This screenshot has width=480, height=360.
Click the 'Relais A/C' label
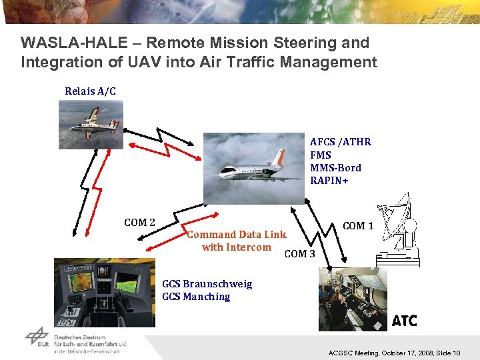pyautogui.click(x=90, y=91)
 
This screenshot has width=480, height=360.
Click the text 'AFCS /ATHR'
pyautogui.click(x=340, y=142)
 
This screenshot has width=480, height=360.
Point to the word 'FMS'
pyautogui.click(x=321, y=155)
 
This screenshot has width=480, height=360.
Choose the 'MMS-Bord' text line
pyautogui.click(x=335, y=168)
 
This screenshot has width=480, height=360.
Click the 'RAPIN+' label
pyautogui.click(x=330, y=181)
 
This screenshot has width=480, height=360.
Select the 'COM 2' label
pyautogui.click(x=139, y=223)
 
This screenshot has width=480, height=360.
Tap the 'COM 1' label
pyautogui.click(x=358, y=226)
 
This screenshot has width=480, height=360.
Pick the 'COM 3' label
pyautogui.click(x=299, y=253)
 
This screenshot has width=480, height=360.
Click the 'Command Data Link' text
pyautogui.click(x=237, y=235)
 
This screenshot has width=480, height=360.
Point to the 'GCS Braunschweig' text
pyautogui.click(x=207, y=284)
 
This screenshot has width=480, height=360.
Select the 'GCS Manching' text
pyautogui.click(x=196, y=297)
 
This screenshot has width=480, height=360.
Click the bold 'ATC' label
pyautogui.click(x=404, y=321)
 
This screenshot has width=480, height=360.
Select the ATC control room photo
pyautogui.click(x=353, y=299)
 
